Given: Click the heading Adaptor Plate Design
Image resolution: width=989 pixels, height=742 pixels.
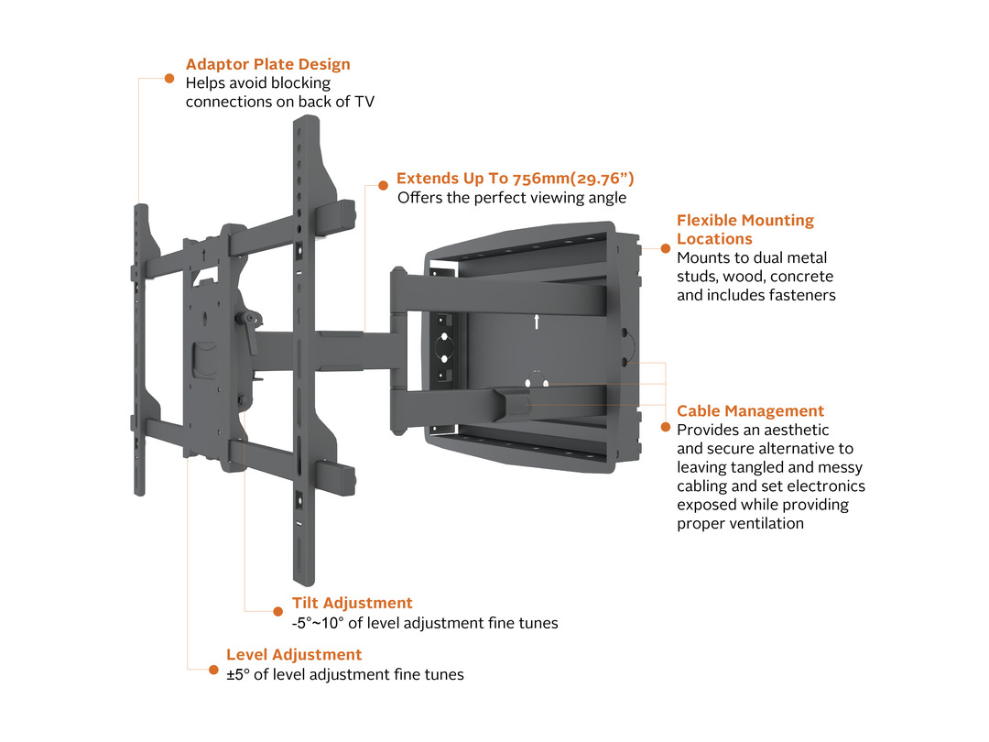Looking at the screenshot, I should coord(267,64).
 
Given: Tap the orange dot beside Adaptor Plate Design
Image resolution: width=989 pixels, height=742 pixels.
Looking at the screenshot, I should coord(169,78).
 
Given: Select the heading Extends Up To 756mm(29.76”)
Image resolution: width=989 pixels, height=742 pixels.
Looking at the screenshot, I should coord(515,179).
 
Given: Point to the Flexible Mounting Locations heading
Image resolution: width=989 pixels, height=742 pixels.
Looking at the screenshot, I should coord(744,229).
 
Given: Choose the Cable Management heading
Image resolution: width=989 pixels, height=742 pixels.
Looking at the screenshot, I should coord(750,411).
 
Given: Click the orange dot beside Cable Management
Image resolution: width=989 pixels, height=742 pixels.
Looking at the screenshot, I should coord(665,426).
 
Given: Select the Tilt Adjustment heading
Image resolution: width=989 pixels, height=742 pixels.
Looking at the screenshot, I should coord(352,603).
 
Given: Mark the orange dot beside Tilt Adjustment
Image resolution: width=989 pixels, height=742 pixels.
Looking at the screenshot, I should coord(278,610).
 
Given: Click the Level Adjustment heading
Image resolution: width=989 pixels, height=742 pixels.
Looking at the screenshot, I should coord(294,654).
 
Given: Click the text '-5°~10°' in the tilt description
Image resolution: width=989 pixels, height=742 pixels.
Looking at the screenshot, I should coord(316,623).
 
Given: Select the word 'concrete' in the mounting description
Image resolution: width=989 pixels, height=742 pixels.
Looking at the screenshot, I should coord(803,277).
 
